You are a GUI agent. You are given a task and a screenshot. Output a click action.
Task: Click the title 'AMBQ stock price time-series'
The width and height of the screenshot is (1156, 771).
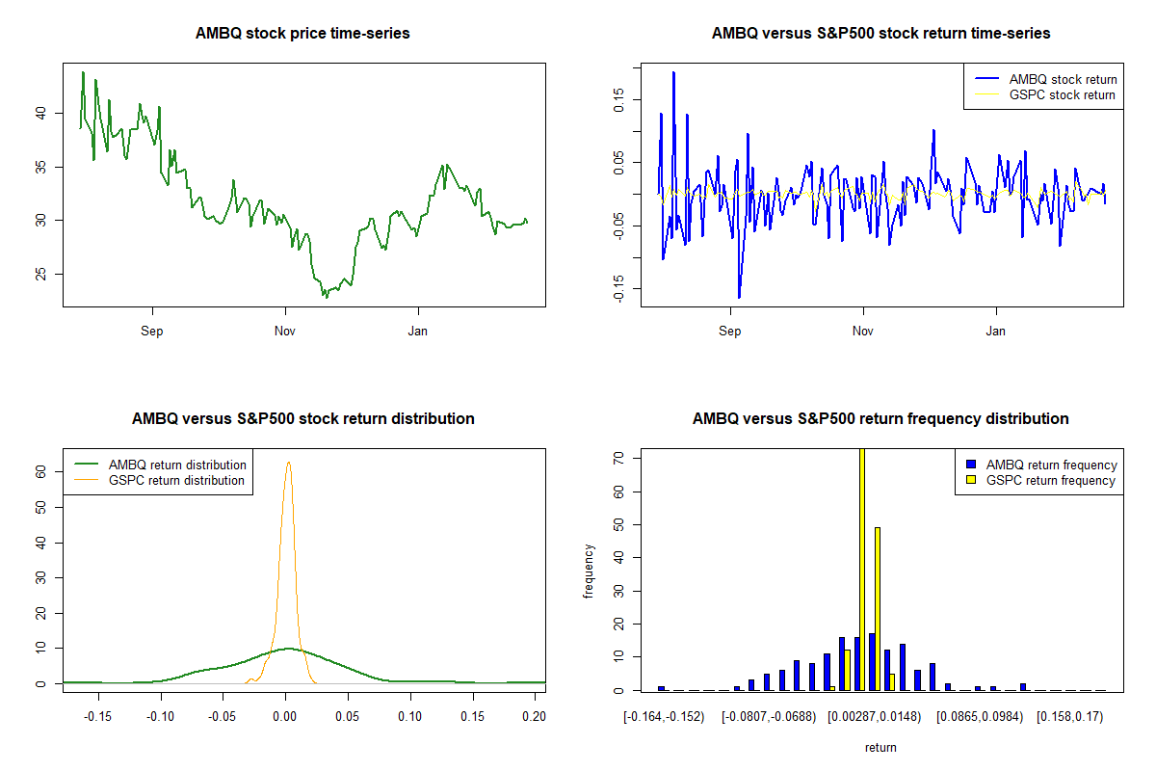point(302,34)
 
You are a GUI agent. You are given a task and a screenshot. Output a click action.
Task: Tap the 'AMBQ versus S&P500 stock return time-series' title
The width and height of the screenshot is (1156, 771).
point(880,34)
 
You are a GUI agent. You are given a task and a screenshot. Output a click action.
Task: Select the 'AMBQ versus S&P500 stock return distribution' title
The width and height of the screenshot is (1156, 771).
point(302,419)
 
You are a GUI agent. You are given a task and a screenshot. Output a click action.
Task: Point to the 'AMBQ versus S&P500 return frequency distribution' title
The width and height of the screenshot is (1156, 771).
point(880,419)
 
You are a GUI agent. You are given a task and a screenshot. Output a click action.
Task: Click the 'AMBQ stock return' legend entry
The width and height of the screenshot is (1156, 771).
point(1063,80)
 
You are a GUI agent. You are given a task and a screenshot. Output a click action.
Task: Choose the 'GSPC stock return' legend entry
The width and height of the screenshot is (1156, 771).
point(1062,95)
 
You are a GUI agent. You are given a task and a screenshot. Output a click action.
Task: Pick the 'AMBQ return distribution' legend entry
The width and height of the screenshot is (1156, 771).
point(177,465)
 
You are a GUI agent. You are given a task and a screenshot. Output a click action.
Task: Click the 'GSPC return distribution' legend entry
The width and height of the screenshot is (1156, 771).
point(176,480)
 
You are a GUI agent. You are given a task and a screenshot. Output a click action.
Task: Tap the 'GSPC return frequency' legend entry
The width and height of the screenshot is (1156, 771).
point(1051,480)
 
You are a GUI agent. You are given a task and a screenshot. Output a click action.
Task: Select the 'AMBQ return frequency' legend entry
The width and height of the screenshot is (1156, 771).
point(1051,465)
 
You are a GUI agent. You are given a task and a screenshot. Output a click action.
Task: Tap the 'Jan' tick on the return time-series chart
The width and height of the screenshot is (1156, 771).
point(996,332)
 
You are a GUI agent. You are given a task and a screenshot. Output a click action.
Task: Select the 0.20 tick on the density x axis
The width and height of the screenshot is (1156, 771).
point(534,717)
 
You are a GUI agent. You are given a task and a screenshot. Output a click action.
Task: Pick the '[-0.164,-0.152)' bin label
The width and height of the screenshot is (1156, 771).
point(664,717)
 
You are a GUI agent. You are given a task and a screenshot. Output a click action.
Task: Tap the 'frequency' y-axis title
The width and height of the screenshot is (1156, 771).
point(589,571)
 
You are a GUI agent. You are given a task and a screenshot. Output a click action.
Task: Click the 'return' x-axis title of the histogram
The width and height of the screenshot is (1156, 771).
point(880,747)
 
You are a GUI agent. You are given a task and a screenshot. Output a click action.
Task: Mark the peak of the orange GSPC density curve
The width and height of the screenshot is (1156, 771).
point(288,463)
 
